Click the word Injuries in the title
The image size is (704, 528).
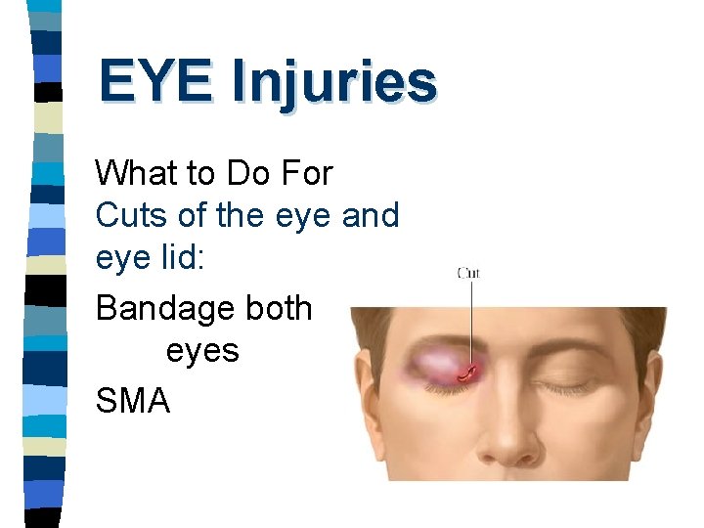click(333, 83)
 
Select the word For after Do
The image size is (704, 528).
click(306, 174)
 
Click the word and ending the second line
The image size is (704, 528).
click(371, 215)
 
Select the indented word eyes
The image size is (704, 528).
click(202, 350)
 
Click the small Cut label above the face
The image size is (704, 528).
click(468, 273)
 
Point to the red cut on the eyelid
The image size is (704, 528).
click(469, 372)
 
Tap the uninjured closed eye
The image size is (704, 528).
click(577, 387)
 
